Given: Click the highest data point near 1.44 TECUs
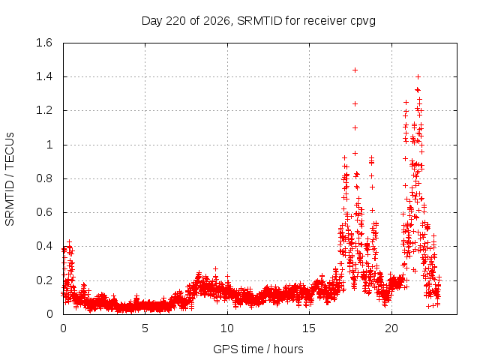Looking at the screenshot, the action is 355,70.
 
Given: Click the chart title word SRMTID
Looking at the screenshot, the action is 259,21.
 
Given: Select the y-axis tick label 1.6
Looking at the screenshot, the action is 44,43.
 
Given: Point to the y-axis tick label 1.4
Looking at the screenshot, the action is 44,76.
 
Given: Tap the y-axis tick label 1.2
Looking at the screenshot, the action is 44,110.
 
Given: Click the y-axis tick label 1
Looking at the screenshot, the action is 49,145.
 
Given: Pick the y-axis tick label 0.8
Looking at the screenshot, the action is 44,178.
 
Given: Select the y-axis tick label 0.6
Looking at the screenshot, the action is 44,212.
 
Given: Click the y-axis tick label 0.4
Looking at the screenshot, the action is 44,247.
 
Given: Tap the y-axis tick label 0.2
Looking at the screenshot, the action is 44,280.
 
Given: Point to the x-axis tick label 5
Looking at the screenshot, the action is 145,328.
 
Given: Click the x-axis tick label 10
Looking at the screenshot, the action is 227,328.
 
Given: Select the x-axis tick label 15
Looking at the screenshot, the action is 309,328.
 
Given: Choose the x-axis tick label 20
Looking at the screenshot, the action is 391,328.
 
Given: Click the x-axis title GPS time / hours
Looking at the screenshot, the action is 258,349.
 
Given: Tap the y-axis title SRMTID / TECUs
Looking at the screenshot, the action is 10,179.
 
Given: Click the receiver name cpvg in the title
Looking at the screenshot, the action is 363,22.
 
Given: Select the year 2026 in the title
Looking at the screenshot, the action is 217,21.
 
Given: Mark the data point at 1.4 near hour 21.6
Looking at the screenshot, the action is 418,76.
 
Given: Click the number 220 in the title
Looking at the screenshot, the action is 175,21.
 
